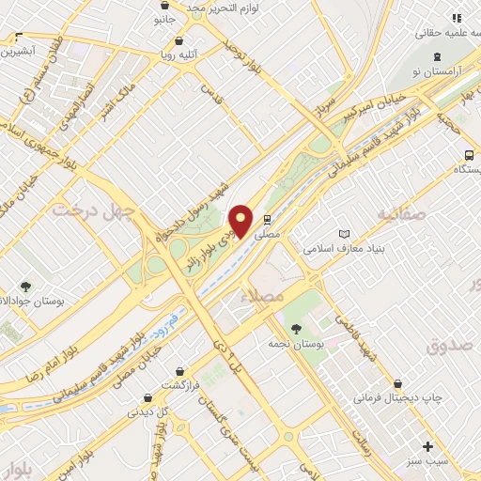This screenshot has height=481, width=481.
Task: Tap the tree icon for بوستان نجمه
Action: click(297, 329)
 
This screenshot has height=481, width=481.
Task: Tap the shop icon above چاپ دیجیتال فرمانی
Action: click(400, 383)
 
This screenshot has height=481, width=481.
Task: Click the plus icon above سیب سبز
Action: click(428, 446)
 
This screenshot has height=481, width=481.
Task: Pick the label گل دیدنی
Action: click(150, 411)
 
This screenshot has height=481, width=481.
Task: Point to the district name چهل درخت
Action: click(94, 209)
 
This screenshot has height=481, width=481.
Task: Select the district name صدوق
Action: click(445, 346)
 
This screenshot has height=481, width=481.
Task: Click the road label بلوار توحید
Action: click(241, 54)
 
